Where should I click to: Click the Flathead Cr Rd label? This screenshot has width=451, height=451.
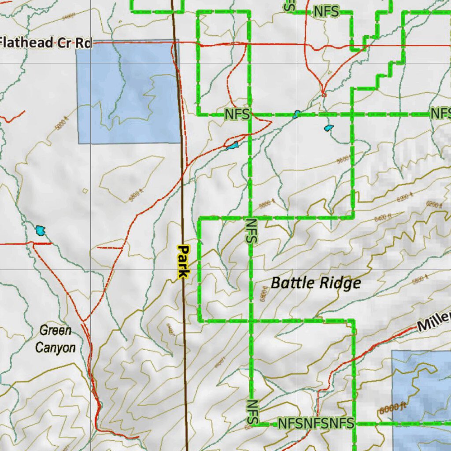click(46, 43)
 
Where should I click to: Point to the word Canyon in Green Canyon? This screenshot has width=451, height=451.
click(55, 348)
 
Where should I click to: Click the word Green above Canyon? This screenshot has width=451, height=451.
click(55, 330)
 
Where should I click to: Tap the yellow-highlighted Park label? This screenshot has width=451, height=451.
click(183, 262)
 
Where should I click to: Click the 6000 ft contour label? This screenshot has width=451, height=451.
click(392, 408)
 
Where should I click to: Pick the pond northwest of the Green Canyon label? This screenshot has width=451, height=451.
click(41, 230)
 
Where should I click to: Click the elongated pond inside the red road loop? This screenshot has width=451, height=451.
click(232, 145)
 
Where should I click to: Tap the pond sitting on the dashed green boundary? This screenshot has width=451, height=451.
click(297, 114)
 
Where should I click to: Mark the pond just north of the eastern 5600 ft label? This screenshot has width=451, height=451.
click(329, 128)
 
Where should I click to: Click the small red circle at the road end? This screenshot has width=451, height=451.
click(324, 94)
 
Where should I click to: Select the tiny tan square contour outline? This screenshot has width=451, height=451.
click(85, 191)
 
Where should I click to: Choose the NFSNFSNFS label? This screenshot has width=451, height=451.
click(316, 424)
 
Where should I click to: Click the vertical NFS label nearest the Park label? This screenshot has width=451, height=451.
click(251, 231)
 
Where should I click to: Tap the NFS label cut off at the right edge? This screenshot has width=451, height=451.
click(440, 113)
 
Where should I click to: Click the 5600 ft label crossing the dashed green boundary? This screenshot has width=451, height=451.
click(343, 159)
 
